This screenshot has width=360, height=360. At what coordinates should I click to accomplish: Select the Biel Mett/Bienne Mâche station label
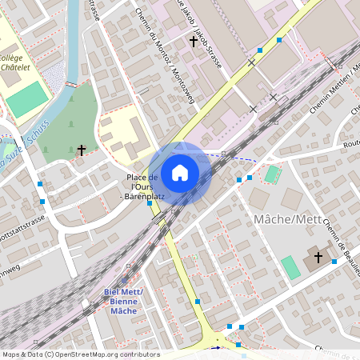pos(123,301)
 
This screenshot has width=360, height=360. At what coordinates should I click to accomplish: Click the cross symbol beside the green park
pos(81,150)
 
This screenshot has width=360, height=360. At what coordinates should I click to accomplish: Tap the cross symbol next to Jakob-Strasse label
pos(193,40)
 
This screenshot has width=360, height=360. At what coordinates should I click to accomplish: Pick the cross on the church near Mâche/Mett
pos(318,257)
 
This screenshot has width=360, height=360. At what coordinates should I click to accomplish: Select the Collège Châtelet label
pos(22,65)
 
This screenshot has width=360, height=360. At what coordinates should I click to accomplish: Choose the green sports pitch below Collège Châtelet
pos(28,98)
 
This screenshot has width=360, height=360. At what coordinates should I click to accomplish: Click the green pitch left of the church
pos(290,267)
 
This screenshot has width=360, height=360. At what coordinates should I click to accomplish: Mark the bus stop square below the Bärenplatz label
pos(150,204)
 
